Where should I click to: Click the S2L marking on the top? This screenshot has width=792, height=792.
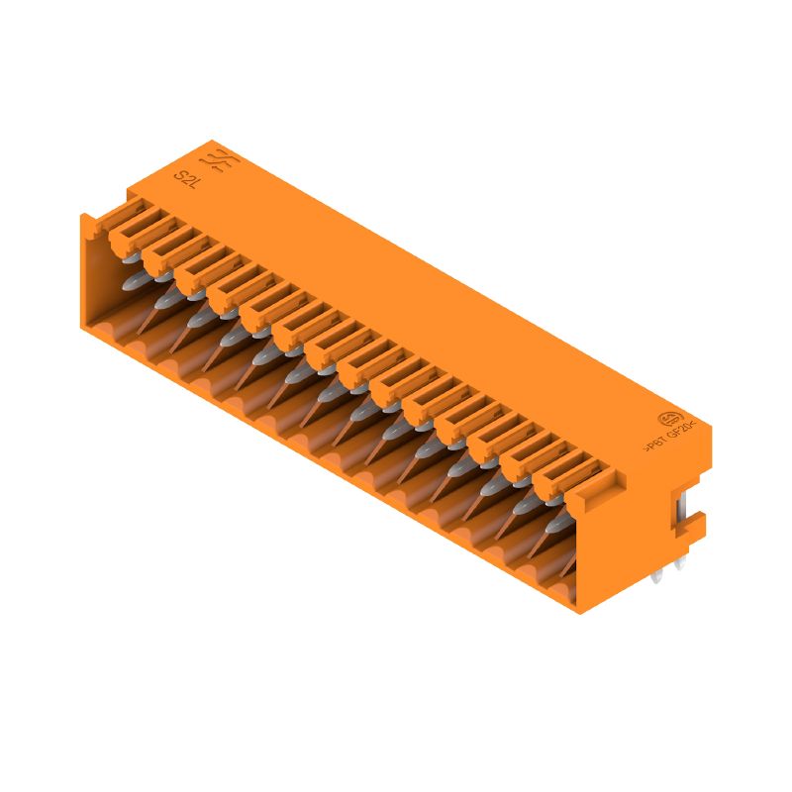tap(186, 179)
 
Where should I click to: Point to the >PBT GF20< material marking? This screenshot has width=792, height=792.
tap(673, 435)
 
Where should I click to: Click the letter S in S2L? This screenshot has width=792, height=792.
tap(179, 175)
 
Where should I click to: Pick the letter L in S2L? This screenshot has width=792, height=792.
tap(194, 184)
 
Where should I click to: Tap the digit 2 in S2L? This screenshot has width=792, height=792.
tap(186, 179)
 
